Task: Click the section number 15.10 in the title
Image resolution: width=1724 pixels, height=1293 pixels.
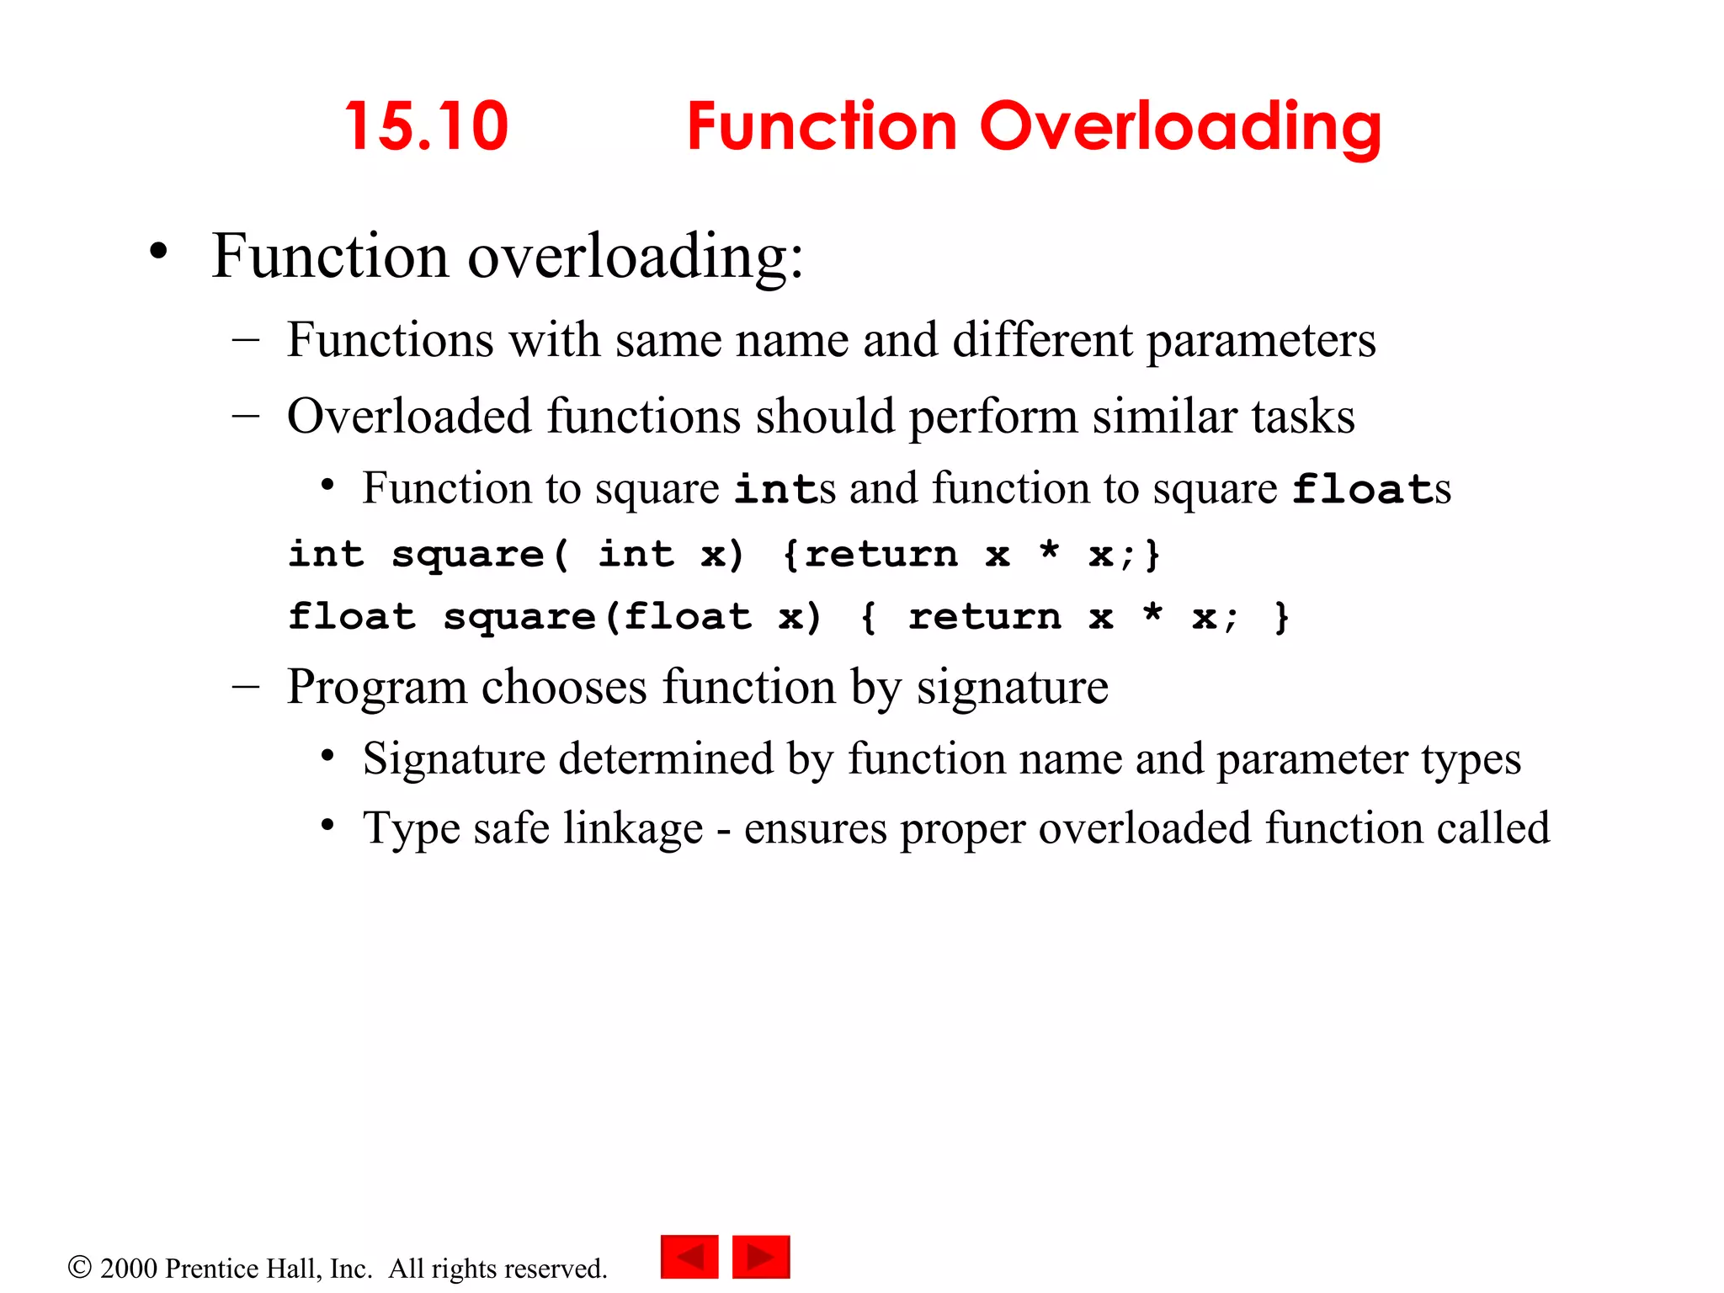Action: click(x=427, y=126)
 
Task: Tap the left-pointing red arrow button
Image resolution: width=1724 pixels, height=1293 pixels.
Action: click(x=689, y=1257)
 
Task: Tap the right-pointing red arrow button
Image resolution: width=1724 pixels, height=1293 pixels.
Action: click(x=761, y=1257)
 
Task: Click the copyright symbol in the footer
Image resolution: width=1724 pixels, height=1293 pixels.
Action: click(x=79, y=1267)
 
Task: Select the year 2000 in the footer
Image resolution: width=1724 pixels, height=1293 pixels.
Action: click(x=129, y=1269)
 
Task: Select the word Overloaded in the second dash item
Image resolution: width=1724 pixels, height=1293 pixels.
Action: click(x=409, y=417)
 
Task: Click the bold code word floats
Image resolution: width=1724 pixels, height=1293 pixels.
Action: click(x=1371, y=490)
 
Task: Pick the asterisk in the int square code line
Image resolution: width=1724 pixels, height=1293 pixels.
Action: click(x=1049, y=552)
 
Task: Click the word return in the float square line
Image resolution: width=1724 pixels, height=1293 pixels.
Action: click(x=984, y=617)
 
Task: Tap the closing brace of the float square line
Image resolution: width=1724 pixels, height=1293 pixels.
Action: click(x=1281, y=617)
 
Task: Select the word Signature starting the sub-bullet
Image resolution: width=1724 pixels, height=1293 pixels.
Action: click(x=455, y=760)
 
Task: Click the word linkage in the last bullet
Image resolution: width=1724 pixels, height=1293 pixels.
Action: click(x=633, y=829)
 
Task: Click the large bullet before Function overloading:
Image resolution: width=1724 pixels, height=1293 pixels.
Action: click(x=158, y=252)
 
